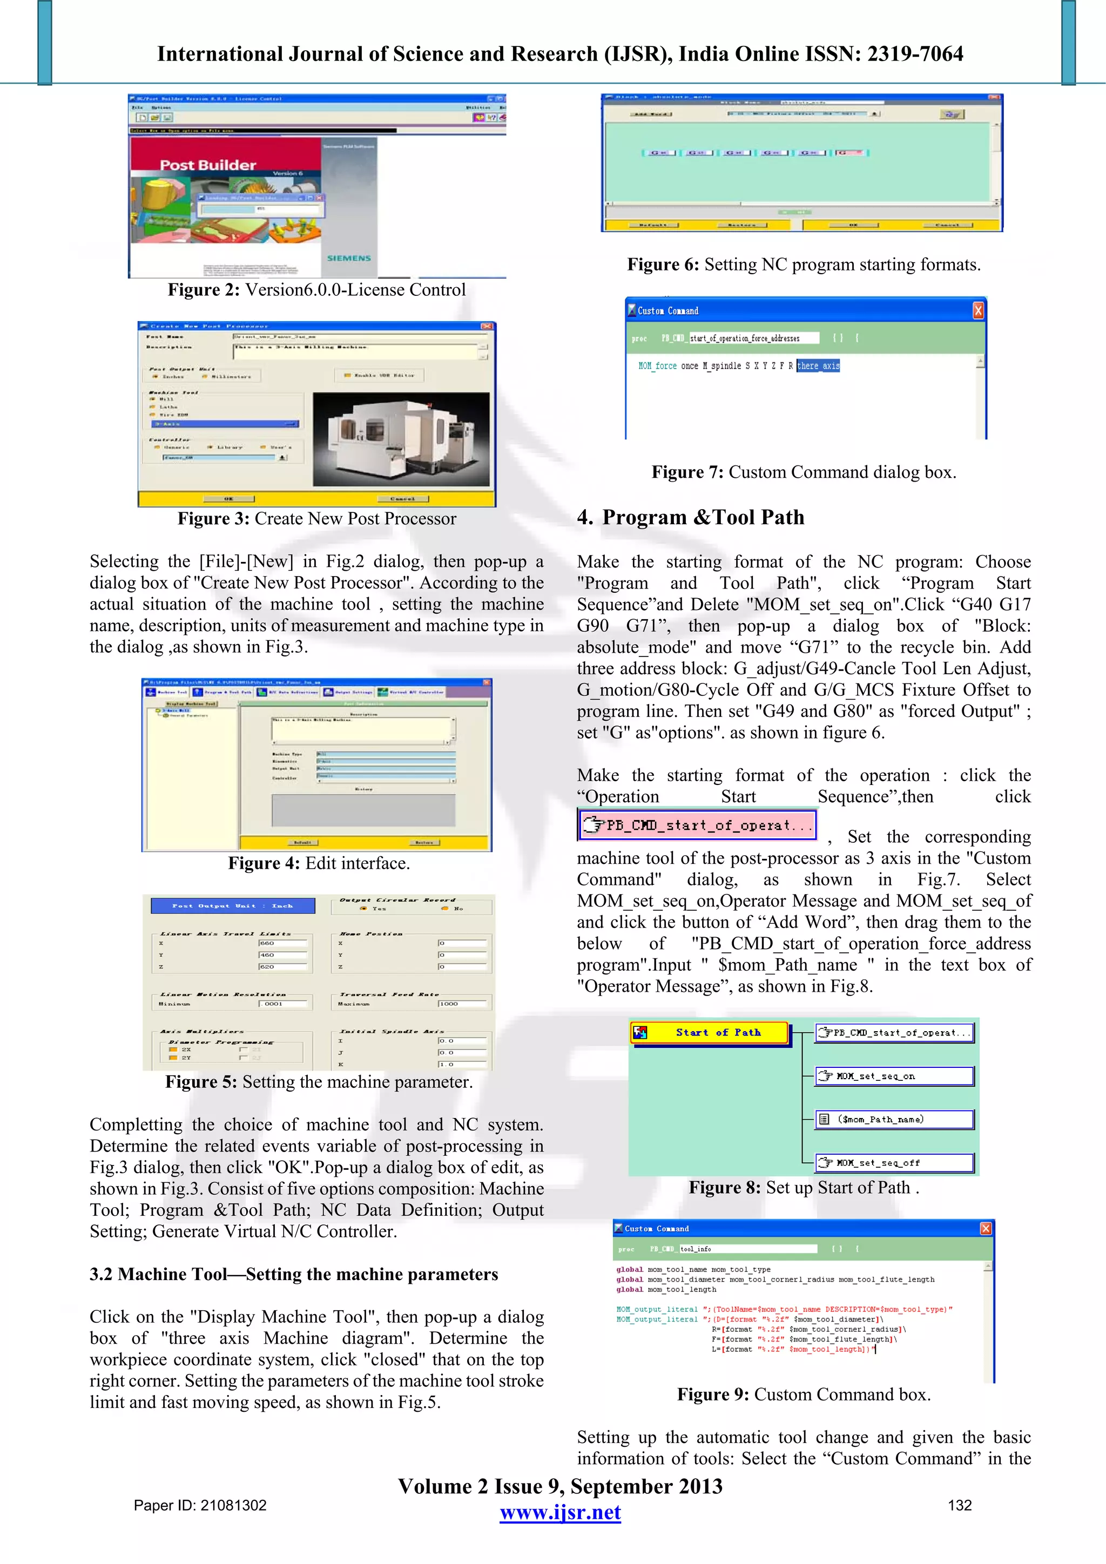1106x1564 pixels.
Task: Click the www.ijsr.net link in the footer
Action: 559,1512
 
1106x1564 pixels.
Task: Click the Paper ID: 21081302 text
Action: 200,1505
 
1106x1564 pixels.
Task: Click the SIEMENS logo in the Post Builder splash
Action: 348,258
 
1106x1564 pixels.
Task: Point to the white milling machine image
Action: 401,439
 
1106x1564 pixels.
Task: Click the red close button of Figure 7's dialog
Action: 977,310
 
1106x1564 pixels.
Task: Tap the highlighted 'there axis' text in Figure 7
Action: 818,366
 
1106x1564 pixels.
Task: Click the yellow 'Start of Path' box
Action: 710,1033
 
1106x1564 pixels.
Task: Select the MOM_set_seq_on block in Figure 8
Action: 895,1076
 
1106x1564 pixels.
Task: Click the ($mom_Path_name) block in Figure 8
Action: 895,1119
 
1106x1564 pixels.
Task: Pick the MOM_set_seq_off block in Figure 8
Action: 895,1163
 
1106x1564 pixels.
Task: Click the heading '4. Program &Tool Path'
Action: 690,517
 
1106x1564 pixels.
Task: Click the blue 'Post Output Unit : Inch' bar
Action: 233,905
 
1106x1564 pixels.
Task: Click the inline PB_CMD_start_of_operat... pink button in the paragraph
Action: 697,825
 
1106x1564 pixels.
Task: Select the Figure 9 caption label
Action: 713,1394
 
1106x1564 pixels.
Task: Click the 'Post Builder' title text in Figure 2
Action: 208,165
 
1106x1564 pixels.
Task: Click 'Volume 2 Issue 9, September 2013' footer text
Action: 559,1486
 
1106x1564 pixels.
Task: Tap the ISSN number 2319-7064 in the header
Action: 914,54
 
